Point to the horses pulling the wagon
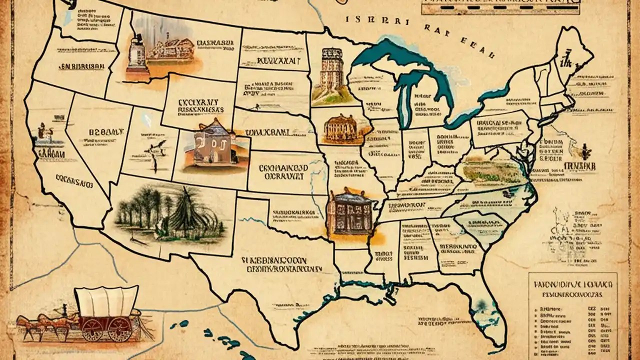point(40,322)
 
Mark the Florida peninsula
point(487,310)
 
